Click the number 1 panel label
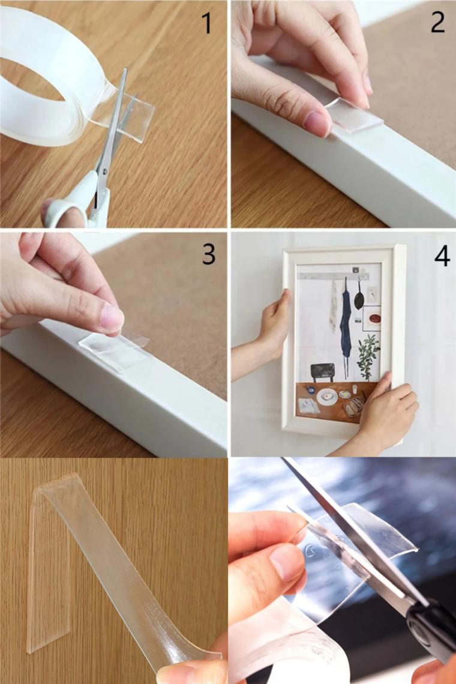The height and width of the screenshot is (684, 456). [208, 23]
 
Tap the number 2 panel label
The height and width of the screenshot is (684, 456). [437, 22]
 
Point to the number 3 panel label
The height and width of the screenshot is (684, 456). [209, 254]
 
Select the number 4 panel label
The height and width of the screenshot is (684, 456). [442, 256]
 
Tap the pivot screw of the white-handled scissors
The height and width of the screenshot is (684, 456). [103, 169]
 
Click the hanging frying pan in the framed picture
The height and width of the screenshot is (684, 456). [359, 296]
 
